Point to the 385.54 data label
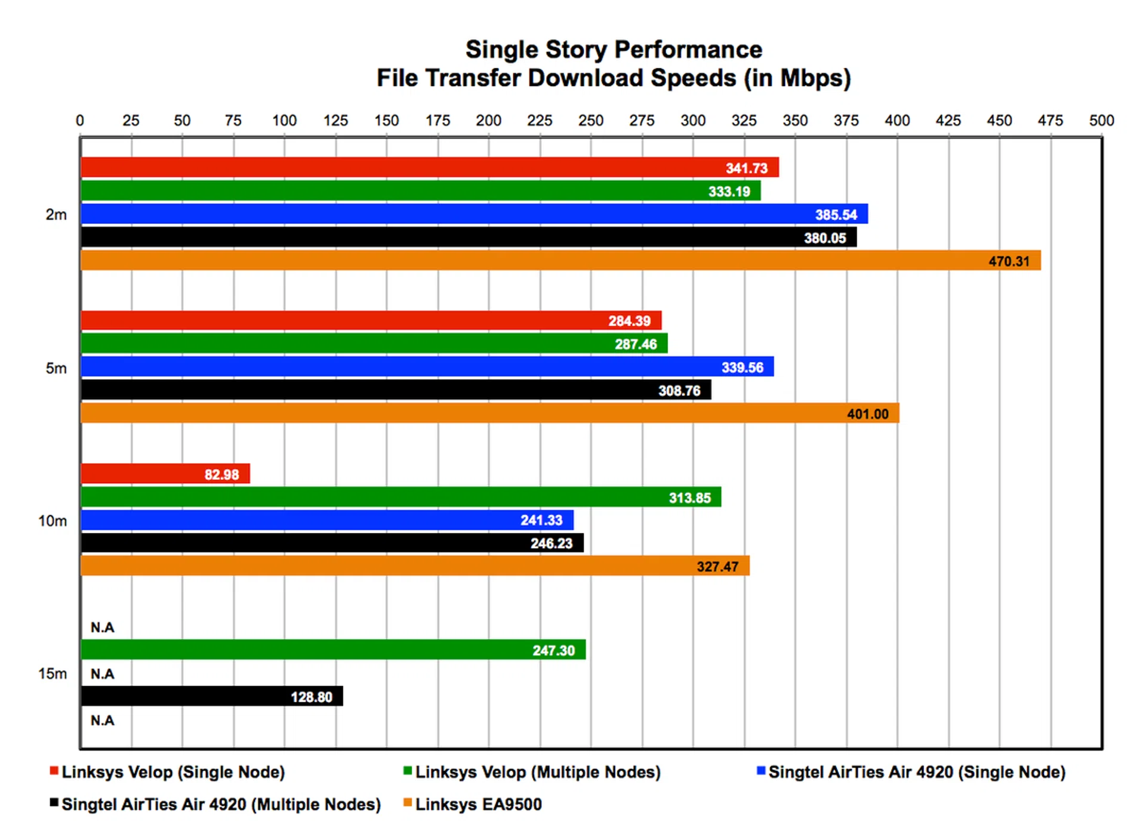[836, 214]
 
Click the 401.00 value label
[867, 414]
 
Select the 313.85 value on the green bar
[689, 498]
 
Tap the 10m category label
[53, 521]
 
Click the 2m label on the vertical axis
[56, 215]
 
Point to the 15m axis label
[53, 674]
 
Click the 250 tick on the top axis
[590, 121]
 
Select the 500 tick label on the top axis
[1101, 121]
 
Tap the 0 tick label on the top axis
[80, 121]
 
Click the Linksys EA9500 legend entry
[478, 804]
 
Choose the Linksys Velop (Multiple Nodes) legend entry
[537, 772]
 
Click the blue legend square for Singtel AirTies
[760, 770]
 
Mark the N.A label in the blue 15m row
[102, 674]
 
